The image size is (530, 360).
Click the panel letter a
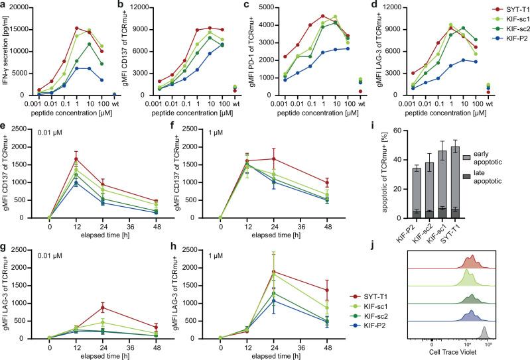[x=3, y=5]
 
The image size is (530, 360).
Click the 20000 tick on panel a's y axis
[x=20, y=7]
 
